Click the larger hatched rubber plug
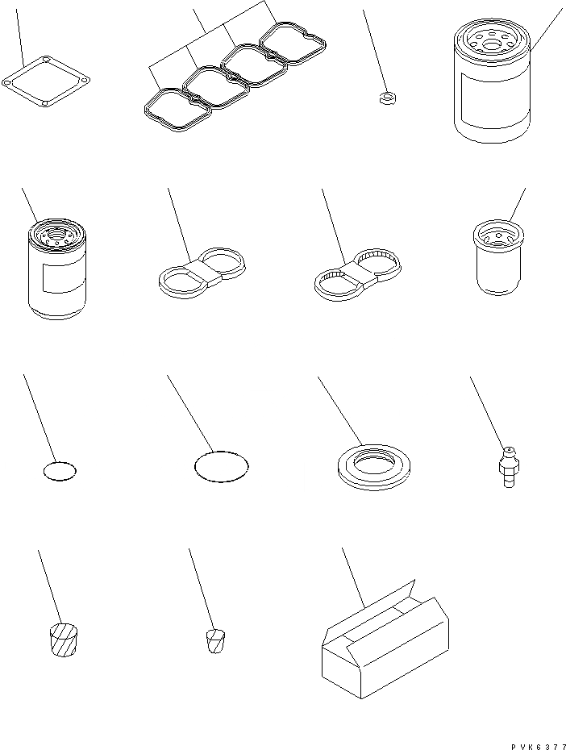(64, 640)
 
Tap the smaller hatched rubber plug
(215, 641)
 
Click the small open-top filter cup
(498, 257)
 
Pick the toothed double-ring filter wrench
(356, 273)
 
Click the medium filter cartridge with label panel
(57, 269)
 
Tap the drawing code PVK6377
(538, 746)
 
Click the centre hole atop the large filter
(492, 45)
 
